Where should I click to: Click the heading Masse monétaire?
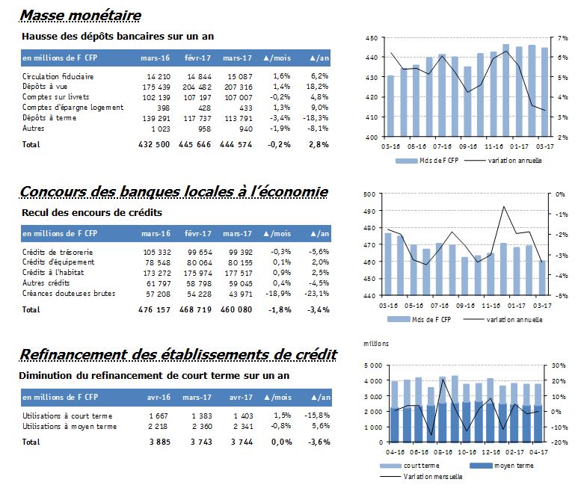(81, 15)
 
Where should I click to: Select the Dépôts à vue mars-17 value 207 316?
(239, 87)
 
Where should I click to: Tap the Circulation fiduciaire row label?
(58, 76)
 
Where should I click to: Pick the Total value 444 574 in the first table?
(236, 144)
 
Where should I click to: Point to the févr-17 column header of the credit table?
(198, 234)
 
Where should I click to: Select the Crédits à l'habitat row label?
(53, 272)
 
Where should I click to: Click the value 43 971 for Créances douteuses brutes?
(241, 294)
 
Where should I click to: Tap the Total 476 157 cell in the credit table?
(155, 309)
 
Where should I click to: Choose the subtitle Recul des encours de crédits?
(92, 212)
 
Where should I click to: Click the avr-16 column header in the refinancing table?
(159, 398)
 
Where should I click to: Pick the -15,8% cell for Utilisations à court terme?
(317, 416)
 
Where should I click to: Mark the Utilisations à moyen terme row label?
(70, 426)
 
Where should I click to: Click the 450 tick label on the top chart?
(372, 38)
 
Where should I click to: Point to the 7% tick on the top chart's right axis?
(563, 38)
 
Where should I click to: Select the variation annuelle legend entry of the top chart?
(502, 161)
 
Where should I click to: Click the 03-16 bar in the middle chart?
(388, 264)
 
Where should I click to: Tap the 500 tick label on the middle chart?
(369, 194)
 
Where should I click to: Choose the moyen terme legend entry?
(502, 466)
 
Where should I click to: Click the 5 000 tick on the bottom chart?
(373, 365)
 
